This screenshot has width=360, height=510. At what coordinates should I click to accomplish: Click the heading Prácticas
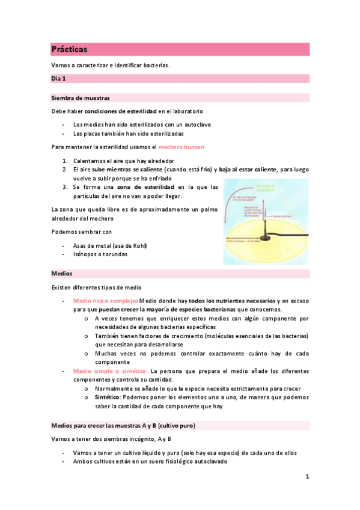70,49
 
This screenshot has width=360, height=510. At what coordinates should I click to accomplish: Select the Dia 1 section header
59,78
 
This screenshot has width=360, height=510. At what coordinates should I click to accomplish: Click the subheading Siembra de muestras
81,97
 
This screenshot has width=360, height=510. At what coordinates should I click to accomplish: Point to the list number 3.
65,187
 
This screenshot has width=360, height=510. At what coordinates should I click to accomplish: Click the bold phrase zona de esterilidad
150,187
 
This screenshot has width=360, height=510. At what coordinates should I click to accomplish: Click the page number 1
307,477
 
